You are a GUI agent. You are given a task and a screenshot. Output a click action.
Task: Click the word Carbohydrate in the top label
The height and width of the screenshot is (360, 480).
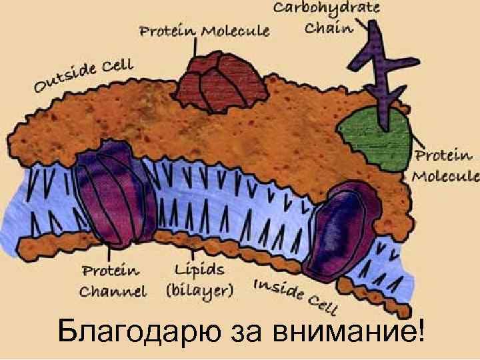coord(326,9)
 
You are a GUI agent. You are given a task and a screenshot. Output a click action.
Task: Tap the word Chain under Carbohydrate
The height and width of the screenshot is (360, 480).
coord(328,28)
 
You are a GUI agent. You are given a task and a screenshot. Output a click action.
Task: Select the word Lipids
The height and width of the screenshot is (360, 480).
coord(199,271)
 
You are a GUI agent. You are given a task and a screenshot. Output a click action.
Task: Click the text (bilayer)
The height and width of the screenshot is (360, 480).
coord(199,291)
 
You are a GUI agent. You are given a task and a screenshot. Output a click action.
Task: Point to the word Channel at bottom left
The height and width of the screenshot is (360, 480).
coord(113,291)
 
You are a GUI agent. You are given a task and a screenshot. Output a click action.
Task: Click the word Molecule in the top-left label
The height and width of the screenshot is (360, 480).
coord(236,31)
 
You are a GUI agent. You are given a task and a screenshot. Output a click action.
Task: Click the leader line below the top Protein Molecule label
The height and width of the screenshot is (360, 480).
coord(195,47)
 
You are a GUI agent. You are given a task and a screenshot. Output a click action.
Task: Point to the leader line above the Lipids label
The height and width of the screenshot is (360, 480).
coord(194,251)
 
